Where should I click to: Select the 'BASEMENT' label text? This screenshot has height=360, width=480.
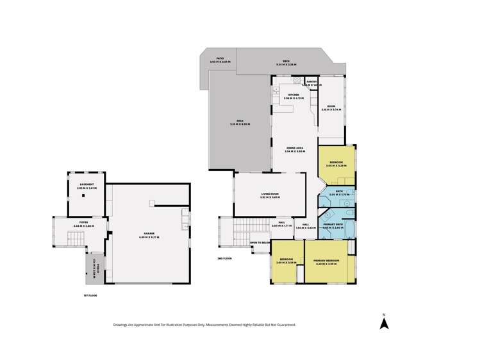(85, 184)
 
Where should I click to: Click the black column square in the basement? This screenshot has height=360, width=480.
(84, 197)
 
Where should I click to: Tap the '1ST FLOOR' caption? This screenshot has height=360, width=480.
(89, 295)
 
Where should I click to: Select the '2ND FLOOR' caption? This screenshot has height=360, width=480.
(224, 258)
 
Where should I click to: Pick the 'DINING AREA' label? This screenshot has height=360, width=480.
(295, 148)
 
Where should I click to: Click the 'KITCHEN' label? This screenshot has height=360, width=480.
(294, 95)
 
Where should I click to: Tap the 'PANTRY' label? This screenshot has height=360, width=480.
(311, 81)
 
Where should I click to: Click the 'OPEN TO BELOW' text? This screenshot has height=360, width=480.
(260, 243)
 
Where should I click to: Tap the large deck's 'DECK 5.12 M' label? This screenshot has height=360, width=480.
(240, 122)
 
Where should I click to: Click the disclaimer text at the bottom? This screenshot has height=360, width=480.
(204, 325)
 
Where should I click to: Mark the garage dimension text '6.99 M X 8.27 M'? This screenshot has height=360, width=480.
(149, 238)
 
